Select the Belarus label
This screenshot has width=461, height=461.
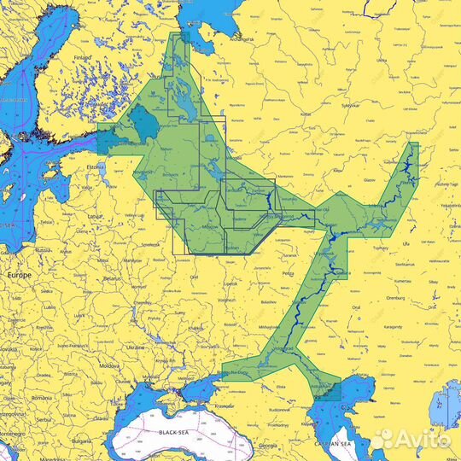[108, 278]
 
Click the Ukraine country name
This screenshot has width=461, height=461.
[135, 347]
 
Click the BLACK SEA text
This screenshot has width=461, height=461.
[175, 433]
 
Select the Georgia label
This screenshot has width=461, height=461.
[270, 446]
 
